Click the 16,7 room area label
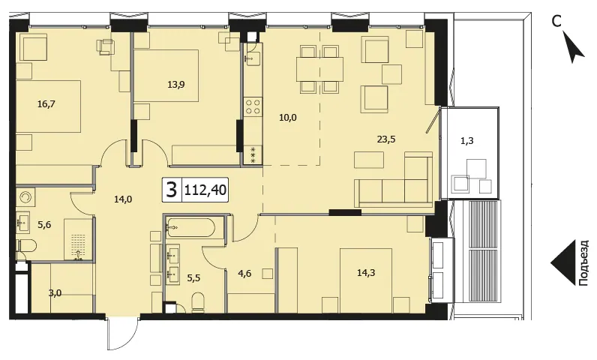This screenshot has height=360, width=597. click(46, 103)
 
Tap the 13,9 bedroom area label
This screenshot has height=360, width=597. click(176, 85)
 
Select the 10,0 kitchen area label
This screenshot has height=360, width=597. click(288, 118)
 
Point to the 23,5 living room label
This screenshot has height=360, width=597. click(386, 139)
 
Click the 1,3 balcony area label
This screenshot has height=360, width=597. click(467, 141)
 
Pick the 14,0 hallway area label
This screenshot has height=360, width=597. click(123, 199)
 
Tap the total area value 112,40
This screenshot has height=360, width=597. click(205, 189)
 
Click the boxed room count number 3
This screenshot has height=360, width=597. click(172, 189)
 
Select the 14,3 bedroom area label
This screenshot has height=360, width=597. click(366, 272)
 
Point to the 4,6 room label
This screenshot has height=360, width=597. click(244, 273)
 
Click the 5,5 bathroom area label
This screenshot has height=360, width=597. click(193, 277)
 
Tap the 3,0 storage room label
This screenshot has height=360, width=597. click(55, 293)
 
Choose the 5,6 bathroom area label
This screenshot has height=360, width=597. click(44, 225)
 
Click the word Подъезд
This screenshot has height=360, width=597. click(583, 262)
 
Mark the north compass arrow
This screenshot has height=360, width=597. click(574, 47)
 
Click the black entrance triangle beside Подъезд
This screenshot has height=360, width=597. click(562, 262)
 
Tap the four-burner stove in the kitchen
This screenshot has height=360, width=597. click(253, 106)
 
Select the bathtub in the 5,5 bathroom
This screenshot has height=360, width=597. click(190, 227)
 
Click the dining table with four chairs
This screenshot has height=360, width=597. click(319, 69)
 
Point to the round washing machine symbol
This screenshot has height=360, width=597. click(26, 197)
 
